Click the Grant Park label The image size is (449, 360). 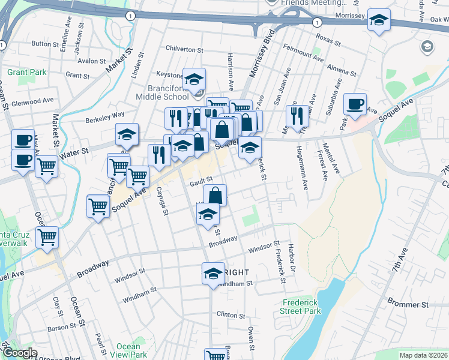click(x=27, y=73)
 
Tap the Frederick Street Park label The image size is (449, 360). click(x=301, y=307)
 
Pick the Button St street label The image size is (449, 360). click(x=45, y=44)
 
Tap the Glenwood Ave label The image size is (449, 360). click(x=32, y=101)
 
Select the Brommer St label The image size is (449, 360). click(x=407, y=304)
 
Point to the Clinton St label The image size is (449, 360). click(x=231, y=314)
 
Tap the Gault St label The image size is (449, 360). click(x=202, y=179)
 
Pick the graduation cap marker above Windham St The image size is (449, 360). click(x=212, y=273)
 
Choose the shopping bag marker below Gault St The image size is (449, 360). click(x=215, y=195)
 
